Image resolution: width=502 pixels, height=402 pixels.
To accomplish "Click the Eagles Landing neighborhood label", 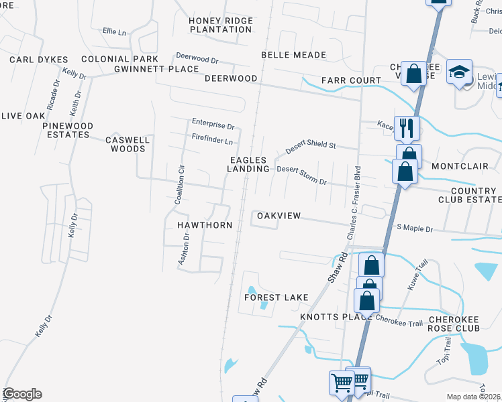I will coord(248,164).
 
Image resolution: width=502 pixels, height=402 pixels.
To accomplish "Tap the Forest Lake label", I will coord(276,297).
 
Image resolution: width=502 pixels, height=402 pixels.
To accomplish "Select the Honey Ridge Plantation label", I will coord(220,25).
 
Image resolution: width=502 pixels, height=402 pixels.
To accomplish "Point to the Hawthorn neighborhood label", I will coord(205,225).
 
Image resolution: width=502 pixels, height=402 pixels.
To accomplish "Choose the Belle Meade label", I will coord(293,55).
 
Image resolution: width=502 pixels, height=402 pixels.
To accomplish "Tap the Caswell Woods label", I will coord(127,144).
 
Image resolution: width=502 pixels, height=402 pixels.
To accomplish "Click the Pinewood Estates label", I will coord(66,130).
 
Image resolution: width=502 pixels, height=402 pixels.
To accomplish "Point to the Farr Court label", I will coord(342,80).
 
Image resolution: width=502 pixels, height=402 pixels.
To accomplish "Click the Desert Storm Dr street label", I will coord(301,175).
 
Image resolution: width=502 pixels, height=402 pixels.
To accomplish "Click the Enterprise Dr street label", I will coord(213,125).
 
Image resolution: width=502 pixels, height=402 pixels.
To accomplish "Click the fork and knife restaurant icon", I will coord(407,127).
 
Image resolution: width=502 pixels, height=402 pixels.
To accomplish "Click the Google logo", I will coord(22,394).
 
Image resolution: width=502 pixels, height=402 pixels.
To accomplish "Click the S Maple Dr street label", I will coord(415,228).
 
